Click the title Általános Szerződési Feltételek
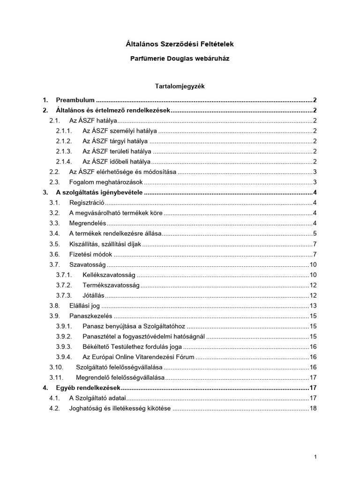point(180,44)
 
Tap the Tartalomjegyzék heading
point(180,86)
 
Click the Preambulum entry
point(75,100)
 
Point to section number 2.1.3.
point(63,151)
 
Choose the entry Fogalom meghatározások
point(106,182)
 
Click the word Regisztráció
point(87,202)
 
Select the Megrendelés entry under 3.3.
point(88,223)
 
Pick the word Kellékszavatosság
point(109,275)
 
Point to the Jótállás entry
point(93,295)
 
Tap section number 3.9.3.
point(63,347)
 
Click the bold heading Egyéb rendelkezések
point(88,388)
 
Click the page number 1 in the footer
point(316,457)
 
